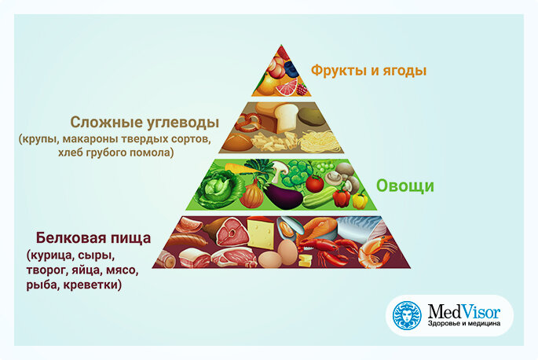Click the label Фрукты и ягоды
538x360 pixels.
point(368,71)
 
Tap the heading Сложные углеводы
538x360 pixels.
point(145,123)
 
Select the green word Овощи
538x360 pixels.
point(404,186)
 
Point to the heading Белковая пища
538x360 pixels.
point(93,237)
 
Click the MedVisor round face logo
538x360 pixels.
point(408,315)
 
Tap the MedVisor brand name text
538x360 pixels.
point(464,311)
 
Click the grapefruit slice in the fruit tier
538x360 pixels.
point(287,87)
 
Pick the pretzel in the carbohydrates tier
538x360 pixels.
point(247,123)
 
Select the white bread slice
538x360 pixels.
point(284,117)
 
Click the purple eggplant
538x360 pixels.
point(283,197)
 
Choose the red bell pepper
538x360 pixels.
point(342,198)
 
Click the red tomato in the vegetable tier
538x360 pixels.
point(314,183)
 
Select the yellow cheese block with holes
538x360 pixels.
point(262,233)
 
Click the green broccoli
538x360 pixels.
point(297,174)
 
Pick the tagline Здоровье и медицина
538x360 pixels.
point(464,324)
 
